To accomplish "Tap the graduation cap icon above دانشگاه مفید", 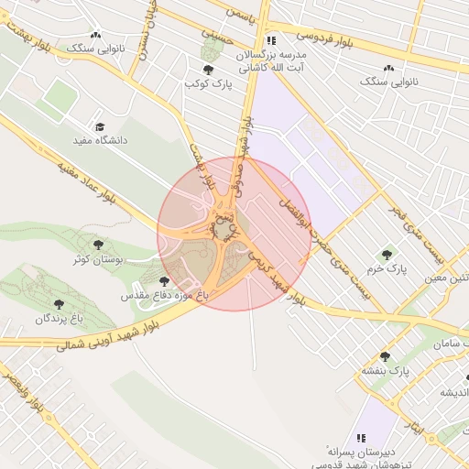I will coord(100,127).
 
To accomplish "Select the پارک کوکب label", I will coord(210,83).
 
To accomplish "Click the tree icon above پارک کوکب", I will coord(210,69).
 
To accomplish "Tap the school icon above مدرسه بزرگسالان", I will coord(270,40).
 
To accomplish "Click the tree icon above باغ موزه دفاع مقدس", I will coord(164,281).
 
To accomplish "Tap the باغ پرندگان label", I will coord(59,318).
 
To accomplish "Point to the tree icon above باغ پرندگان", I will coord(59,302).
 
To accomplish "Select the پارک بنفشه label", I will coord(383,372).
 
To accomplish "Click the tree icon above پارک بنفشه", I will coord(383,356).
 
